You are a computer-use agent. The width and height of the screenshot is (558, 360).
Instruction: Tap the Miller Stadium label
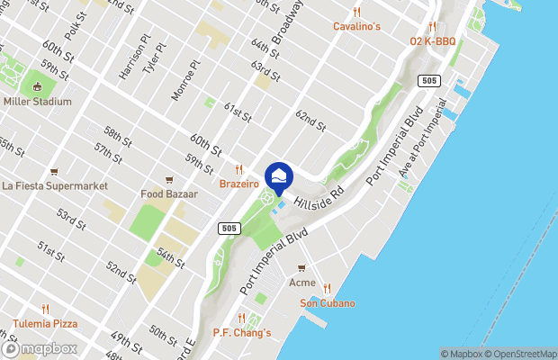click(37, 102)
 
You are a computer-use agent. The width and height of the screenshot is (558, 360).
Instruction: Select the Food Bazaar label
click(168, 193)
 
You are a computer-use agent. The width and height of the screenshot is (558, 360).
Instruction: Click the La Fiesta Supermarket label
click(55, 186)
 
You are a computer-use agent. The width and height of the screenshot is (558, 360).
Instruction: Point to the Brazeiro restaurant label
click(239, 184)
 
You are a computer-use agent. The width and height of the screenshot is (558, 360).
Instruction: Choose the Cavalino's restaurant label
click(356, 26)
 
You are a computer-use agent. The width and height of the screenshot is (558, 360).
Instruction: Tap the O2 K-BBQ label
click(433, 41)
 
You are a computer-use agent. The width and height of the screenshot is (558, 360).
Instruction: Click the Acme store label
click(301, 283)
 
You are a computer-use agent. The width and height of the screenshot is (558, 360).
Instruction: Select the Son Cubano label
click(327, 303)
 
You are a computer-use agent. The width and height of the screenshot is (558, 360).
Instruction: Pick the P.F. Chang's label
click(241, 333)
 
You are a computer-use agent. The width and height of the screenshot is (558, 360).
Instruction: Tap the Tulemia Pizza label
click(45, 323)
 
